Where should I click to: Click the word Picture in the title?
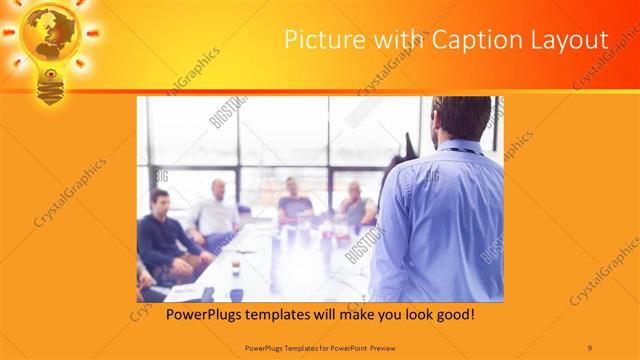[318, 40]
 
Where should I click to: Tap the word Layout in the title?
[568, 40]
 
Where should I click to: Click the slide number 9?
[590, 347]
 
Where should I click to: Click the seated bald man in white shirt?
[216, 210]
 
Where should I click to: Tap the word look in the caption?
[411, 314]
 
